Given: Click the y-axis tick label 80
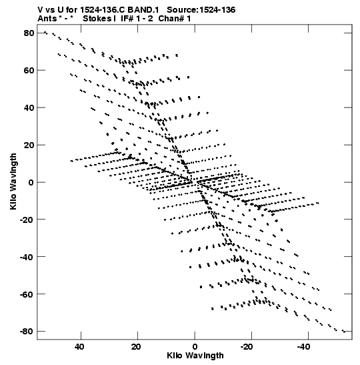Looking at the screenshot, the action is click(29, 33).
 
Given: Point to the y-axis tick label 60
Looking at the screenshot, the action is click(29, 70).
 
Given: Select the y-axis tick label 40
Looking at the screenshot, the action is click(29, 108).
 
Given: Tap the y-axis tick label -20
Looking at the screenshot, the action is click(27, 220).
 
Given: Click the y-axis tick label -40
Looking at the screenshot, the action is click(27, 257).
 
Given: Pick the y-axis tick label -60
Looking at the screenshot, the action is click(27, 294).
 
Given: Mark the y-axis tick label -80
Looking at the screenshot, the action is click(27, 332).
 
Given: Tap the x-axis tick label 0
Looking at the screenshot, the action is click(195, 347).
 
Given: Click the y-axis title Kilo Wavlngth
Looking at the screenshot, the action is click(13, 181).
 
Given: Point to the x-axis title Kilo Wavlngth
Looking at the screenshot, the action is click(195, 356).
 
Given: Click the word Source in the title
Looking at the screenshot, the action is click(182, 10).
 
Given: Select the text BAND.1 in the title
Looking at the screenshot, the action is click(143, 10).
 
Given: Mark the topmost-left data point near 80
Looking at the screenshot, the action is click(45, 32).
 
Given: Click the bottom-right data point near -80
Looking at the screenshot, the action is click(344, 331).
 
